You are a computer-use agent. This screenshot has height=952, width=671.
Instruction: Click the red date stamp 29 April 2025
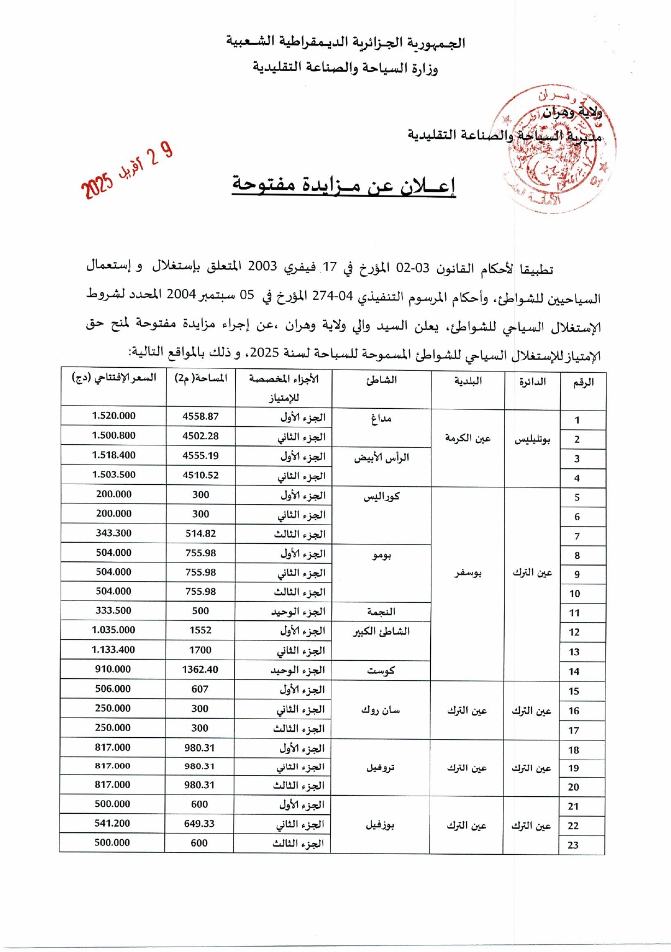127,170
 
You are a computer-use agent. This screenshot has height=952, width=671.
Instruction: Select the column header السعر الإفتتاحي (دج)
114,378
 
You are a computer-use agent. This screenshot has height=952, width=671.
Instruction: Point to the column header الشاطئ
381,380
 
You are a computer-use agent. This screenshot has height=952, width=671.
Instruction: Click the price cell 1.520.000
114,416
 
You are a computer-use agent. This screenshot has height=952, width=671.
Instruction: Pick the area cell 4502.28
200,436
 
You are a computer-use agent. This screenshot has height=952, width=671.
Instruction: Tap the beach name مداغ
381,419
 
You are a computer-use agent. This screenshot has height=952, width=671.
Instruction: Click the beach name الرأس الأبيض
381,457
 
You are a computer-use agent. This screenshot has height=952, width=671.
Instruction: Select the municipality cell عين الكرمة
467,438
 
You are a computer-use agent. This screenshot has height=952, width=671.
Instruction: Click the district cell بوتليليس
532,439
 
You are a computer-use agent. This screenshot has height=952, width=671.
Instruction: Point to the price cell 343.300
114,533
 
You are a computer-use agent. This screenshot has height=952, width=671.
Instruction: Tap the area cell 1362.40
200,669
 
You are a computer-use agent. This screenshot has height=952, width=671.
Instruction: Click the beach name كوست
381,671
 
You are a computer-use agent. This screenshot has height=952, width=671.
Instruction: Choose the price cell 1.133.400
113,650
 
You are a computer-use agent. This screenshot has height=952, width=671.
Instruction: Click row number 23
573,845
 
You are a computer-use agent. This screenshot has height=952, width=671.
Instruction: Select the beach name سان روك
381,710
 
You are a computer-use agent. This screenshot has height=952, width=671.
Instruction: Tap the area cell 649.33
199,824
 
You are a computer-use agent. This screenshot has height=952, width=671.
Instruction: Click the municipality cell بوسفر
467,573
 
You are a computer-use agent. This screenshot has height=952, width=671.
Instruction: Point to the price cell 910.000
113,669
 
